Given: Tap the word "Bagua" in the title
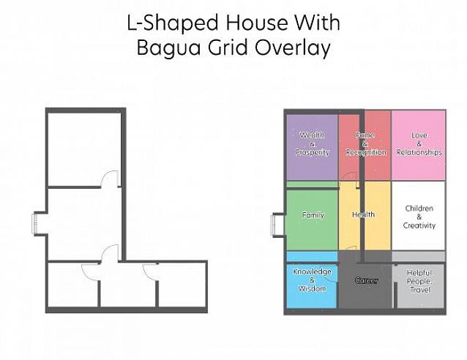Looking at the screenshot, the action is [x=168, y=48].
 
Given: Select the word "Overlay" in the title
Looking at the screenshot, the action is [x=293, y=48].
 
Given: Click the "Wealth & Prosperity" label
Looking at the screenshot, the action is [x=312, y=144].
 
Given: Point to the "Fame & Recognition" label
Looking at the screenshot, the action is [x=366, y=144].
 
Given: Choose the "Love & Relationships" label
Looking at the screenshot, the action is [x=419, y=144].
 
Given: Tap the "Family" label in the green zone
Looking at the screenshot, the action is [x=313, y=215].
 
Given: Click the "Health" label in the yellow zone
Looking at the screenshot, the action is [x=363, y=214].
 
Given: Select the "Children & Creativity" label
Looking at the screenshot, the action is [x=419, y=217].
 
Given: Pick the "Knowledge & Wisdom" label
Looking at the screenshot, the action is [x=312, y=280].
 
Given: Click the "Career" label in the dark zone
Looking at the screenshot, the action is [x=366, y=280].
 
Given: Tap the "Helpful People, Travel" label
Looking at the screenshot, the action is [x=419, y=281].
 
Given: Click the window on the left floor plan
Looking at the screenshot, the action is [x=34, y=223].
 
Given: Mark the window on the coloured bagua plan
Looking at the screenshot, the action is [x=274, y=225].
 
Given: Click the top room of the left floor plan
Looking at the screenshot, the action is [x=85, y=150].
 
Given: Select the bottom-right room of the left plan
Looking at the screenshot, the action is [x=182, y=285].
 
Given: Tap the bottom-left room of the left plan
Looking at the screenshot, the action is [x=73, y=285].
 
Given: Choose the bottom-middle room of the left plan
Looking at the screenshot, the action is [x=128, y=285].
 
